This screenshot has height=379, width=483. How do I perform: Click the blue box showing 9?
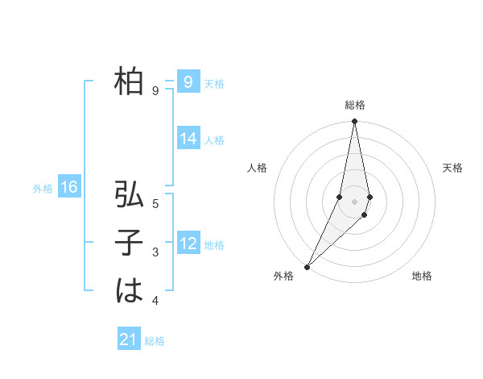pos(188,81)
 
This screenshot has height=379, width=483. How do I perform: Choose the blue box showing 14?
pos(188,139)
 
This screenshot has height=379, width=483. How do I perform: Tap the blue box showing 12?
pos(188,244)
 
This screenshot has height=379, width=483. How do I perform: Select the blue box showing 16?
pos(69,188)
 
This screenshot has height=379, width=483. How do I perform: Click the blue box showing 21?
pos(129,339)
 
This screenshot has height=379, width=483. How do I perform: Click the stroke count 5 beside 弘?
pos(155,204)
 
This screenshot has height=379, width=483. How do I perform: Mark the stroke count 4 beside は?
pos(155,301)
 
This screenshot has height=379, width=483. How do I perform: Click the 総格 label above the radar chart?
pos(355,105)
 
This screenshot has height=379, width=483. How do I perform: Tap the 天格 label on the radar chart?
pos(452,168)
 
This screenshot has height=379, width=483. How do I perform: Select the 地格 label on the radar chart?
pos(422,276)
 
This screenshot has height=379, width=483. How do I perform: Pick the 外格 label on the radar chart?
pos(283,276)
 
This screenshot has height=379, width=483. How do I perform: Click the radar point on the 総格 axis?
pos(354,122)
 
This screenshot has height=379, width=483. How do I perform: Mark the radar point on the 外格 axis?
pos(307,266)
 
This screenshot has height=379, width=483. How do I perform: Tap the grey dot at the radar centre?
pos(354,202)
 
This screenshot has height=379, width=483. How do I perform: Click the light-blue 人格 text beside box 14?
pos(214,140)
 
